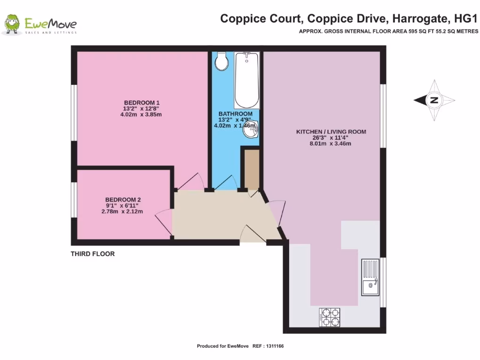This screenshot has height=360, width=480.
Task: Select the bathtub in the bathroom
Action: pyautogui.click(x=247, y=80)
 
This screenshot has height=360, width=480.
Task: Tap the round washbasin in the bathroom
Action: pyautogui.click(x=251, y=130)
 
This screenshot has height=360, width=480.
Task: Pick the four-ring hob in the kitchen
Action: pyautogui.click(x=330, y=317)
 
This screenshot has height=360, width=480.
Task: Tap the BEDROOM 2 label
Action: pyautogui.click(x=123, y=199)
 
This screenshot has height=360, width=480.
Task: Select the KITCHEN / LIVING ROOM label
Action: pyautogui.click(x=331, y=132)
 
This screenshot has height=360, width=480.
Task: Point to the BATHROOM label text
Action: pyautogui.click(x=235, y=114)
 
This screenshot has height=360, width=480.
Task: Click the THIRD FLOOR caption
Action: pyautogui.click(x=93, y=254)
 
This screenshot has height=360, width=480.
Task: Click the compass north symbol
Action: pyautogui.click(x=434, y=99)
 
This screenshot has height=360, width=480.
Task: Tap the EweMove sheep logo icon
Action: pyautogui.click(x=11, y=24)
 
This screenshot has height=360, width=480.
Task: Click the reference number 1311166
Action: pyautogui.click(x=274, y=346)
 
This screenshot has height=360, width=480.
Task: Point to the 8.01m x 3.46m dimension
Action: pyautogui.click(x=330, y=144)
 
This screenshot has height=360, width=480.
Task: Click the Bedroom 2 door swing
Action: pyautogui.click(x=164, y=220)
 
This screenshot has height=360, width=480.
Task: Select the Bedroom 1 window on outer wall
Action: pyautogui.click(x=74, y=112)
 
